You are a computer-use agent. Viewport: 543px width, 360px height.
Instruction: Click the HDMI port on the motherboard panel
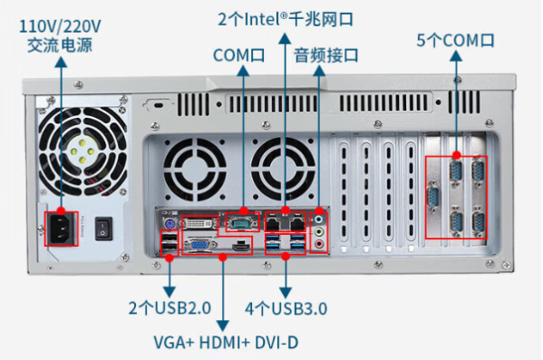click(239, 245)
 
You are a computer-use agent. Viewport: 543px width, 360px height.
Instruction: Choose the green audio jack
click(319, 230)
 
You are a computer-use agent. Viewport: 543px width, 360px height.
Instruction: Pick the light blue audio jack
click(319, 218)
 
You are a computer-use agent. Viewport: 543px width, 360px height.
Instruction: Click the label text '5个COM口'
click(455, 40)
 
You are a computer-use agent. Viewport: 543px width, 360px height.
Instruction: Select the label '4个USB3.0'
click(286, 308)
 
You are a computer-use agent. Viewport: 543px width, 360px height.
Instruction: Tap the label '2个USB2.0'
click(170, 308)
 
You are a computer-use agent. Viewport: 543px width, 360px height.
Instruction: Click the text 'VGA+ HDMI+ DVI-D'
click(225, 343)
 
